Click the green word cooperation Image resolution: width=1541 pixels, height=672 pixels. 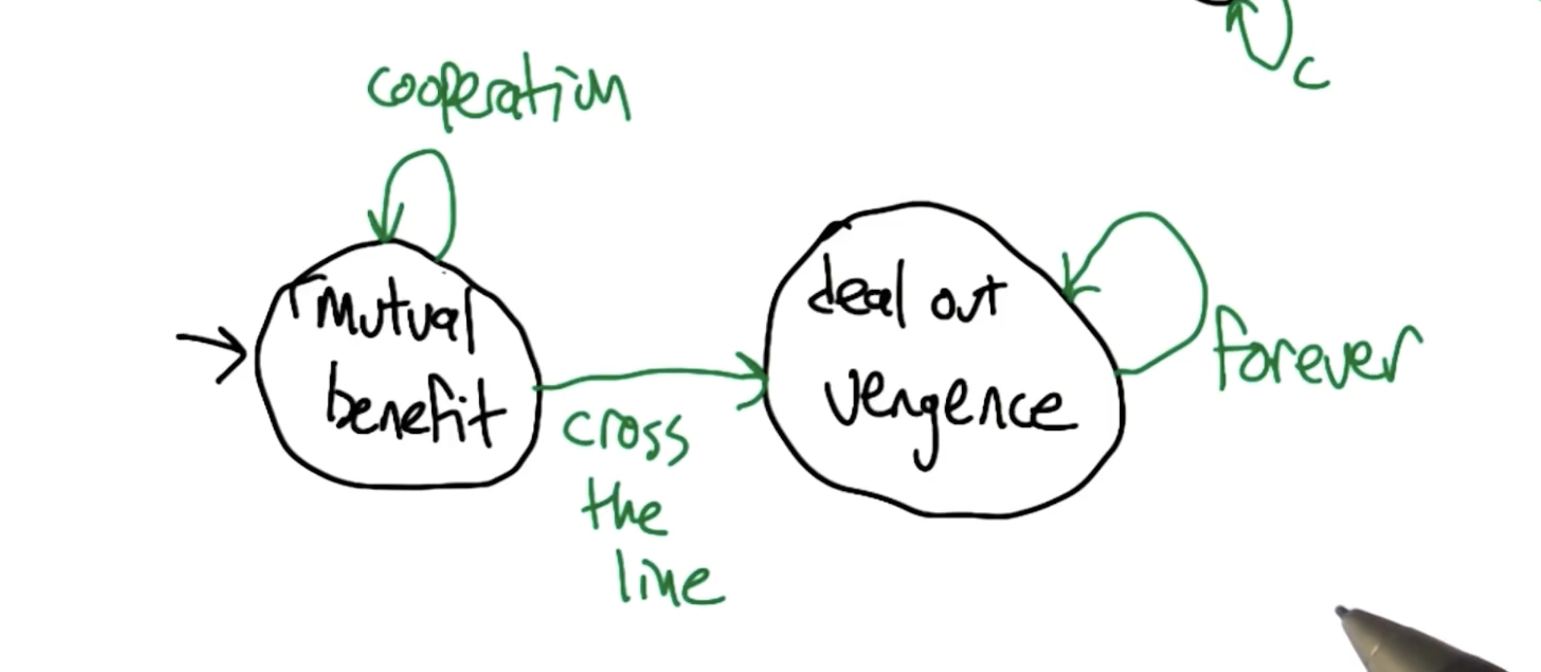coord(498,93)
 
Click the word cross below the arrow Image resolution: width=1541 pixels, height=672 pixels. coord(625,437)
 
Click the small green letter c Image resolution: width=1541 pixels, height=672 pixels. coord(1310,75)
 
